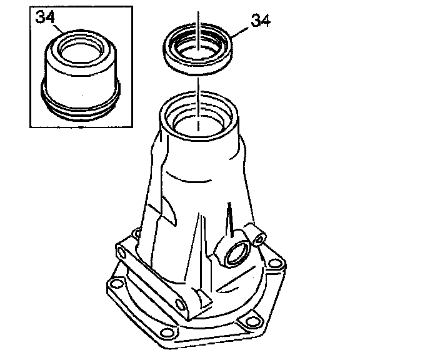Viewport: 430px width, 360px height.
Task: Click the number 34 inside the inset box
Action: [45, 17]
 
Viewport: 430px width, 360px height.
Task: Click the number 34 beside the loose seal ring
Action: [261, 20]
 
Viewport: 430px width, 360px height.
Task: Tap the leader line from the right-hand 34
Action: [241, 32]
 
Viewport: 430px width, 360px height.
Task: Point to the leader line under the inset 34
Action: [58, 29]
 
